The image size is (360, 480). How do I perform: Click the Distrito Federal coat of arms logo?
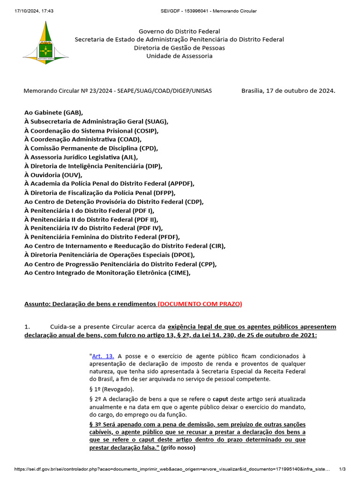pyautogui.click(x=45, y=44)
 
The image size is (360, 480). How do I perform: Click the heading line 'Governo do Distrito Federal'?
pyautogui.click(x=180, y=31)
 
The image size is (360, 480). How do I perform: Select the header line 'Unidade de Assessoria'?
pyautogui.click(x=180, y=56)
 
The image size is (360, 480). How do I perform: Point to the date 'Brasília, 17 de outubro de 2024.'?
pyautogui.click(x=288, y=90)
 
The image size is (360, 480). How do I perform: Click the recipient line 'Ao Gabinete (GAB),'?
pyautogui.click(x=53, y=112)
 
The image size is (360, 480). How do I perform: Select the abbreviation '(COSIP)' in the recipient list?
pyautogui.click(x=146, y=130)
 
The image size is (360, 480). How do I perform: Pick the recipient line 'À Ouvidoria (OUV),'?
pyautogui.click(x=53, y=175)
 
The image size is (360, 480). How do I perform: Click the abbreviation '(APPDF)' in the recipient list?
pyautogui.click(x=179, y=184)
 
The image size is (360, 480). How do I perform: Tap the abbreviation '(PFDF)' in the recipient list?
pyautogui.click(x=169, y=237)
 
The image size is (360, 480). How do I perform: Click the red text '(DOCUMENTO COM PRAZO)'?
pyautogui.click(x=200, y=304)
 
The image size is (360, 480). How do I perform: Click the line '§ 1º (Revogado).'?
pyautogui.click(x=112, y=389)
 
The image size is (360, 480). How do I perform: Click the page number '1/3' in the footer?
pyautogui.click(x=342, y=469)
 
